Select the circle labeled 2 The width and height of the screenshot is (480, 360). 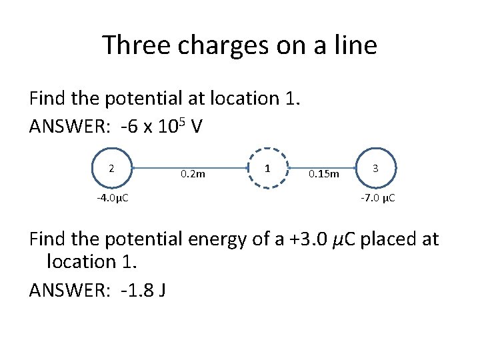pos(111,169)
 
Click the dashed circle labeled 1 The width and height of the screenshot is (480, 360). pos(267,169)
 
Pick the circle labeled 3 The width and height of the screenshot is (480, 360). pos(375,169)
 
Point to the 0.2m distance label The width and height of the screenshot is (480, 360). pos(193,175)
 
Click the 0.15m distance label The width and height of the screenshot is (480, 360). pos(324,175)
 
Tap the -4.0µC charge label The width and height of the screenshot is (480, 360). pos(112,198)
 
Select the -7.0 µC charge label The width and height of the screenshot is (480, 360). pos(378,198)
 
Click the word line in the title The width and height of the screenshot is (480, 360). pos(355,46)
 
